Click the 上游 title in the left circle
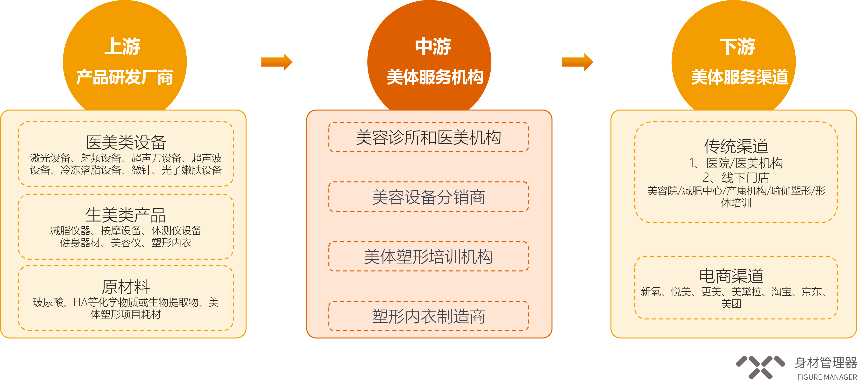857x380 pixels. [122, 46]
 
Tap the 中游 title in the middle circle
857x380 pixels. [433, 46]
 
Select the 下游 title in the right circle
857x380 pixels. [737, 46]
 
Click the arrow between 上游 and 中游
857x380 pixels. [277, 62]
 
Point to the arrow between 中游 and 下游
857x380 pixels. [577, 62]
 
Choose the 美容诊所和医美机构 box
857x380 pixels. [428, 137]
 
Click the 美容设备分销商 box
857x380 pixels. [428, 196]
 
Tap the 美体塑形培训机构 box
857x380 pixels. [428, 256]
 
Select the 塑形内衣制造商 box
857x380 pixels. [428, 316]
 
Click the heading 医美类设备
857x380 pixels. [126, 143]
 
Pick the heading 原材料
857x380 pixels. [126, 287]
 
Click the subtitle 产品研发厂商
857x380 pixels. [125, 77]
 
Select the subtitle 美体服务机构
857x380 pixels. [435, 77]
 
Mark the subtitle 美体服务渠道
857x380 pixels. [740, 77]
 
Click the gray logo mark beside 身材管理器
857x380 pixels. [760, 367]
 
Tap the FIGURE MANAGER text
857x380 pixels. [827, 377]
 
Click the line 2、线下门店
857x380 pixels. [736, 178]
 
